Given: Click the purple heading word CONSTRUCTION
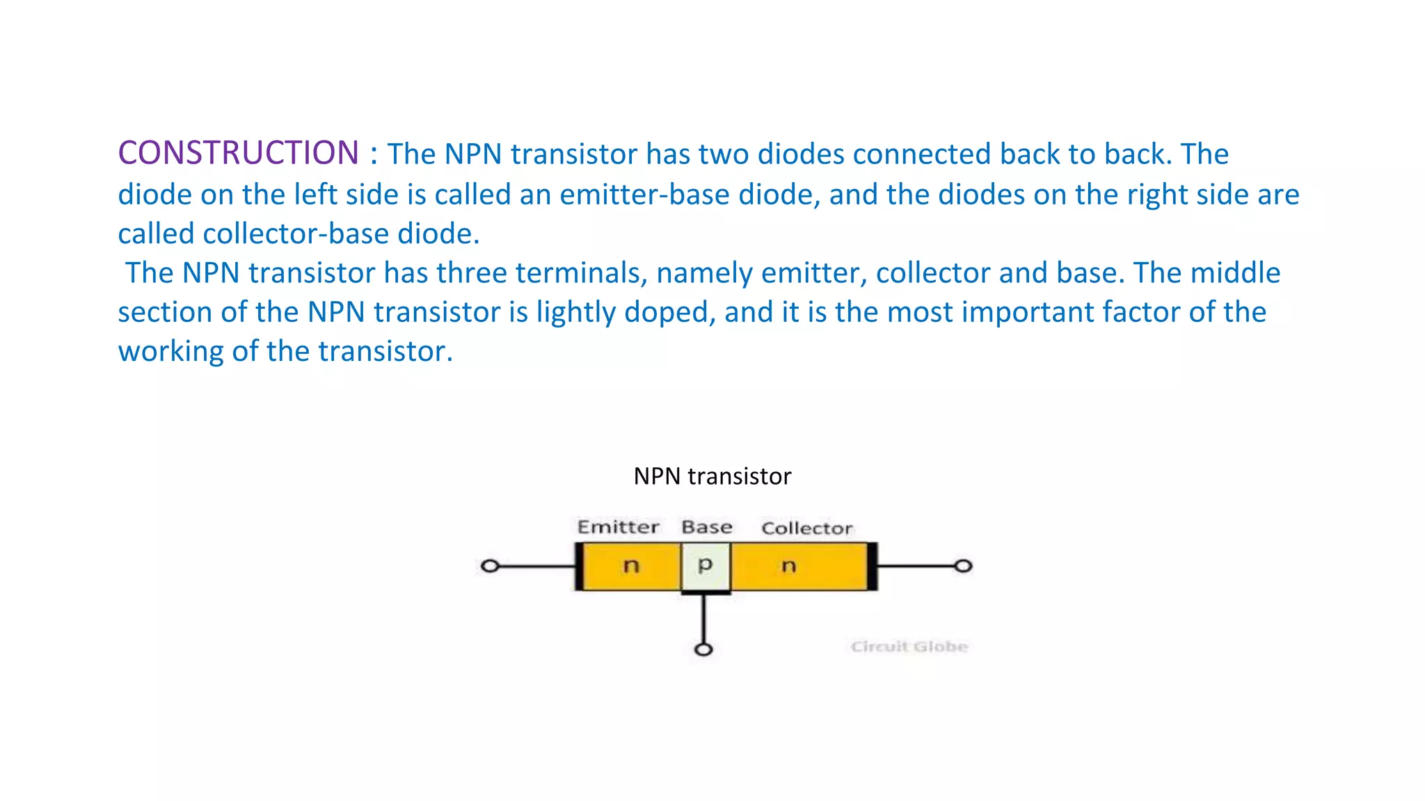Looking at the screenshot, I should pyautogui.click(x=238, y=153).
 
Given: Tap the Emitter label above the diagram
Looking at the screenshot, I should pyautogui.click(x=618, y=527).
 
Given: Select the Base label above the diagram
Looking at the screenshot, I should pyautogui.click(x=706, y=527).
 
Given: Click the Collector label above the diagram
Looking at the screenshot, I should pyautogui.click(x=806, y=528).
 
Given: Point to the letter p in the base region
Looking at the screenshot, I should pyautogui.click(x=705, y=565).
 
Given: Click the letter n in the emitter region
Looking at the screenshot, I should pyautogui.click(x=630, y=566).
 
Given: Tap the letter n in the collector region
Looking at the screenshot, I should pyautogui.click(x=788, y=566).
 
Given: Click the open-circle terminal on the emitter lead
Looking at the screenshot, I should pyautogui.click(x=490, y=566).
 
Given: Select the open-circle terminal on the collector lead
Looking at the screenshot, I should pyautogui.click(x=963, y=566).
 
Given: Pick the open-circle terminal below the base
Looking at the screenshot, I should pyautogui.click(x=703, y=649).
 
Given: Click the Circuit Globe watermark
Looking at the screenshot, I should pyautogui.click(x=909, y=647).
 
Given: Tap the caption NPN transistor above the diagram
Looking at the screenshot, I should pyautogui.click(x=712, y=476).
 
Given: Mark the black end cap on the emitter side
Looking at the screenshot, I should pyautogui.click(x=579, y=566).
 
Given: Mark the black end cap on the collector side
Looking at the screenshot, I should pyautogui.click(x=872, y=566).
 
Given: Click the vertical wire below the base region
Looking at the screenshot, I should pyautogui.click(x=703, y=619).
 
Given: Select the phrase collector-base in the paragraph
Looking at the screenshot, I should pyautogui.click(x=296, y=234).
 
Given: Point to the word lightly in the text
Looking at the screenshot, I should pyautogui.click(x=575, y=312).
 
